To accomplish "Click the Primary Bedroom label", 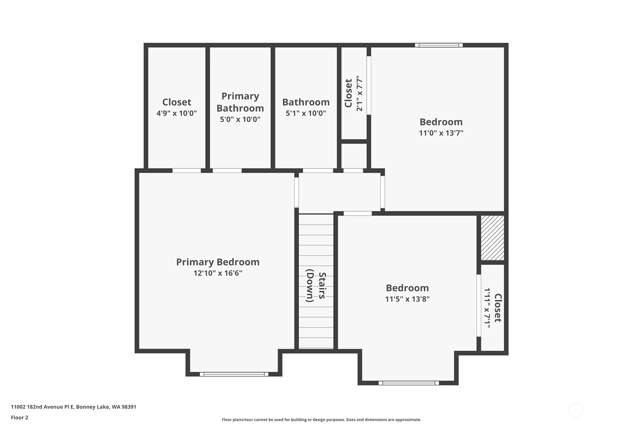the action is [x=217, y=262].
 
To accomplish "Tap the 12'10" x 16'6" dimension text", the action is [x=217, y=273].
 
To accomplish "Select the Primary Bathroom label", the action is [x=240, y=102].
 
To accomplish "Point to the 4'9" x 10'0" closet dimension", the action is [x=177, y=113].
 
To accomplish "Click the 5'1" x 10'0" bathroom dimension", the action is [x=306, y=113].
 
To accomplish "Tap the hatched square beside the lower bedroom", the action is [x=493, y=238].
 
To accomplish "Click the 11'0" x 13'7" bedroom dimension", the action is [x=441, y=133].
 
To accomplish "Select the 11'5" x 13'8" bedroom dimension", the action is [x=407, y=299].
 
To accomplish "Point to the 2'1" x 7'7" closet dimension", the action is [x=360, y=93].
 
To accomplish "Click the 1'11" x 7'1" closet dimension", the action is [x=487, y=306].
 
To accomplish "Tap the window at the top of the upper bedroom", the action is [x=439, y=45].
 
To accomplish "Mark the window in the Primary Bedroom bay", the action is [x=234, y=374].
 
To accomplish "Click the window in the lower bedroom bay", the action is [x=409, y=383].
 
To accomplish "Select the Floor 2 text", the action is [x=20, y=418].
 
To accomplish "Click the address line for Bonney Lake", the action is [x=74, y=407].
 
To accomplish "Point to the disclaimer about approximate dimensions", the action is [x=321, y=420].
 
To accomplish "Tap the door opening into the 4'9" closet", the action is [x=186, y=171].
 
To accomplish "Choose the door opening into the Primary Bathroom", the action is [x=227, y=171].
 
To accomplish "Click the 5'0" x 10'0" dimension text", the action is [x=240, y=119].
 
